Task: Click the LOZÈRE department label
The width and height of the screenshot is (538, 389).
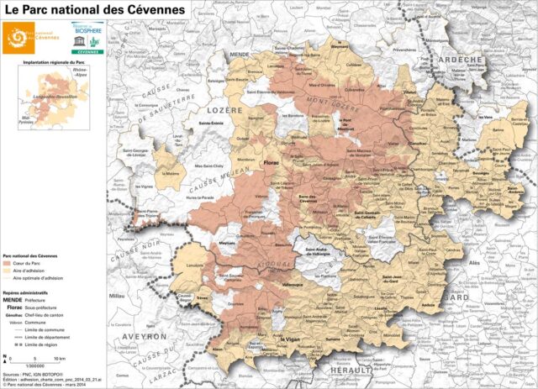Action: pyautogui.click(x=227, y=110)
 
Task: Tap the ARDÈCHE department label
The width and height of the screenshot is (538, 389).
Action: pyautogui.click(x=462, y=60)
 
